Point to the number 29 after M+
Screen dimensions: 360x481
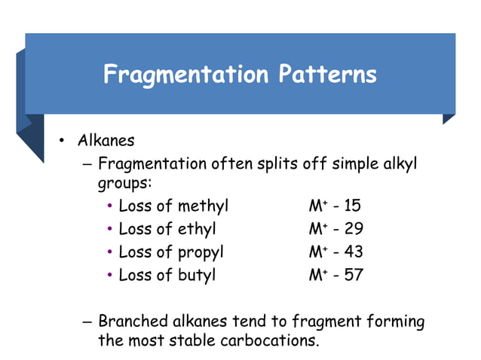pos(353,229)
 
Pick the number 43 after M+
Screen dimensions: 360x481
pos(353,252)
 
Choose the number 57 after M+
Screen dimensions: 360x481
pos(353,274)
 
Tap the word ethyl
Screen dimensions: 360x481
pos(196,229)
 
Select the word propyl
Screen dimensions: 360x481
pos(201,252)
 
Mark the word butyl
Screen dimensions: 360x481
pos(196,274)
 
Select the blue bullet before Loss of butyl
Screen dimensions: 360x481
pos(110,275)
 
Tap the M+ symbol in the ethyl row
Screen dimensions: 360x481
pos(316,229)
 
